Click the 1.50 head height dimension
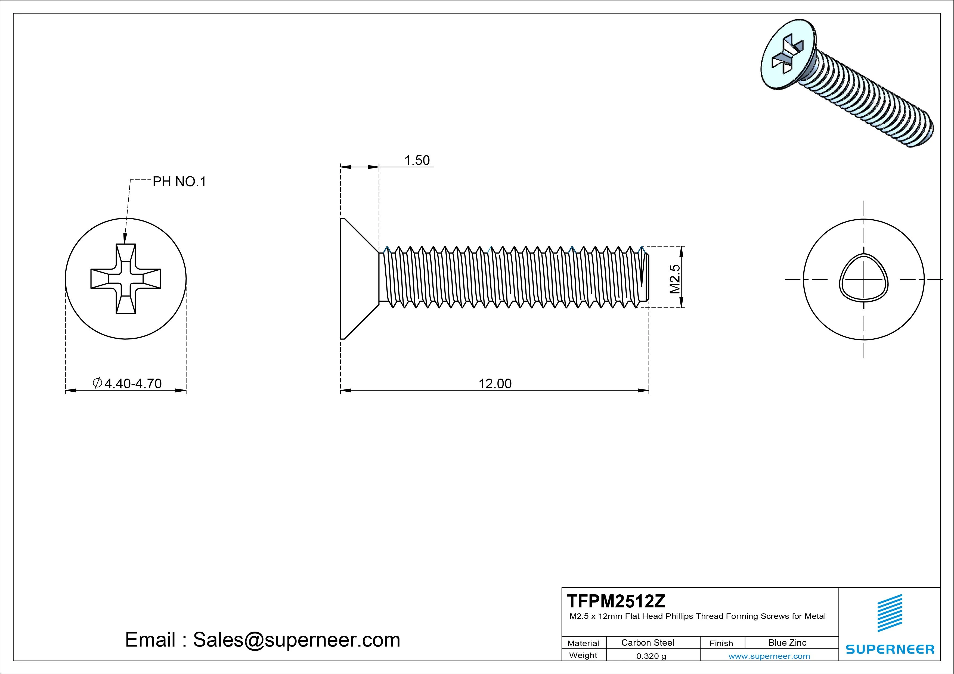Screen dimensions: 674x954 coord(417,160)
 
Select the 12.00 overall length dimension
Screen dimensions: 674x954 coord(495,384)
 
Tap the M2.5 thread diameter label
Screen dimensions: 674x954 coord(675,279)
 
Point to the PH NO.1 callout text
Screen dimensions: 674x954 coord(179,182)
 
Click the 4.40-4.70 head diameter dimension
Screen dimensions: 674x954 coord(132,383)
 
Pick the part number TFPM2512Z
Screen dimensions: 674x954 coord(616,601)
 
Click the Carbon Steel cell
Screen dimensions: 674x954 coord(647,642)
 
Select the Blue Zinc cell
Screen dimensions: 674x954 coord(787,642)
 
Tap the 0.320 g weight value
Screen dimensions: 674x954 coord(651,656)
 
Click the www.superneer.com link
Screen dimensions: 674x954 coord(769,656)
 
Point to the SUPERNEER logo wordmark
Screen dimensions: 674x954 coord(890,649)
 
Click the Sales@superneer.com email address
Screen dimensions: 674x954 coord(296,639)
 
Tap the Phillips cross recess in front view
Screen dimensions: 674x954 coord(125,279)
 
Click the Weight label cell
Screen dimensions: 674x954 coord(583,655)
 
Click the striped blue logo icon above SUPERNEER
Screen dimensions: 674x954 coord(890,613)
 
